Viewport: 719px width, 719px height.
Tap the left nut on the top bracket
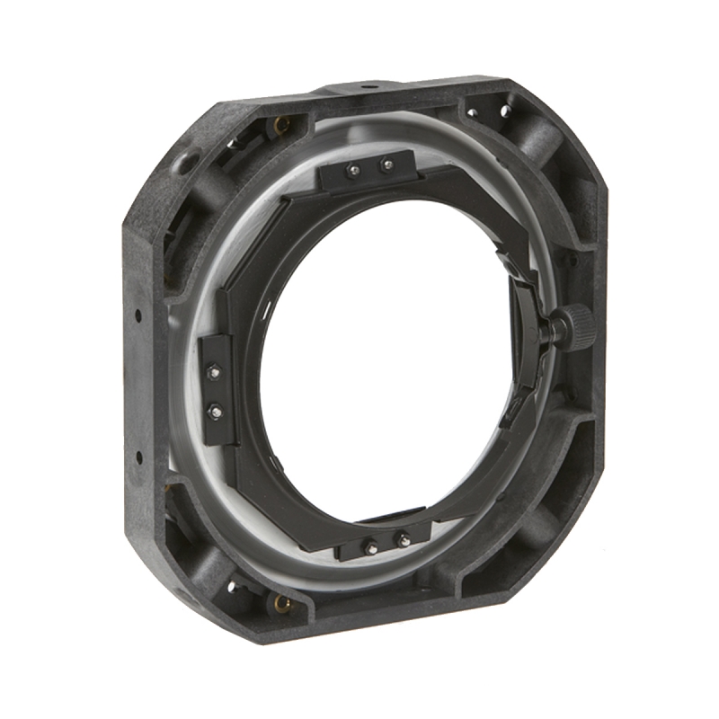tap(354, 170)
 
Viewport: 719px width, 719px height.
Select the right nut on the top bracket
tap(386, 165)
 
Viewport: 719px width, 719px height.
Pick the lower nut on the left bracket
tap(215, 413)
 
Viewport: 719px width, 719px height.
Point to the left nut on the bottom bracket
tap(369, 545)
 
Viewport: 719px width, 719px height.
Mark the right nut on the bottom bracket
tap(404, 540)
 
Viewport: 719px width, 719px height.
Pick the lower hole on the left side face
tap(138, 457)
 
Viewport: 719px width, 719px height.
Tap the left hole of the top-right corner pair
tap(472, 113)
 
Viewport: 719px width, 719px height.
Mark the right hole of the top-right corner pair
tap(505, 111)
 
